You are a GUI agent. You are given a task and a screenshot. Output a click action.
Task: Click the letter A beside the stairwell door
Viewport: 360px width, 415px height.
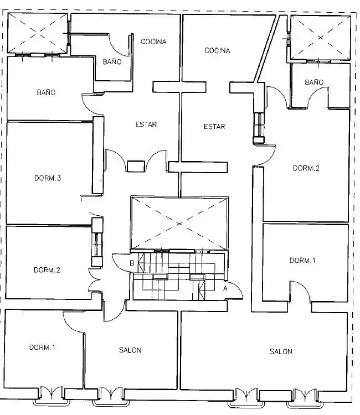point(225,288)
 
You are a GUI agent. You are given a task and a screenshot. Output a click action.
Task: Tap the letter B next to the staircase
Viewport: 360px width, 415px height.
point(132,263)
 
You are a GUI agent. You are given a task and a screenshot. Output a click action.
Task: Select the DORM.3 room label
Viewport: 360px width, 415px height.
point(48,178)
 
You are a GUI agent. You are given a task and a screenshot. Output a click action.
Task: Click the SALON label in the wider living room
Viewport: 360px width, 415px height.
point(281,351)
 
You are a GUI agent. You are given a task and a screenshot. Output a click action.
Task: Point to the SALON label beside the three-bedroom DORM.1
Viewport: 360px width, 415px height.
point(130,350)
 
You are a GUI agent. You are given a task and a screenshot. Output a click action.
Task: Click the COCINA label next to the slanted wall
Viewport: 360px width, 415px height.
point(217,50)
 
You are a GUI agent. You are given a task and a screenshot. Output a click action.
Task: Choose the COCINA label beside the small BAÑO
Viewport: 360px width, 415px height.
point(153,41)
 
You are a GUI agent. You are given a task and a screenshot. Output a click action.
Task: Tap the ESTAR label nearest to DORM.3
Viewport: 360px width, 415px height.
point(146,124)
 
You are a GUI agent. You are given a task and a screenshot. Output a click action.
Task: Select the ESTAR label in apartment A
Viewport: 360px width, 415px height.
point(214,127)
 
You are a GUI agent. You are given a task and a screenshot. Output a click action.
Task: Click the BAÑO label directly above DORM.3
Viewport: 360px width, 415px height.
point(46,92)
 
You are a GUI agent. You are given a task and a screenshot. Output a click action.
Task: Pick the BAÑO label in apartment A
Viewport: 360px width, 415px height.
point(314,82)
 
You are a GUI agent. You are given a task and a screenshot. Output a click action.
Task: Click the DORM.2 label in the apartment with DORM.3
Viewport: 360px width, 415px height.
point(47,270)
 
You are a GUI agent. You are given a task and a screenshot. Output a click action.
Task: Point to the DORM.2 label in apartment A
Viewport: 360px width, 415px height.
point(306,168)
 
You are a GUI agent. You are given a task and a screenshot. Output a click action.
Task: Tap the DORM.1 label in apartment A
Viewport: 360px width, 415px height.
point(302,261)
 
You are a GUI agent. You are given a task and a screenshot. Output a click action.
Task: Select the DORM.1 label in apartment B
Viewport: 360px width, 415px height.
point(42,347)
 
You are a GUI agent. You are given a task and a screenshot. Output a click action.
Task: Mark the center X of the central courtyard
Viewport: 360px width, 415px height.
point(179,224)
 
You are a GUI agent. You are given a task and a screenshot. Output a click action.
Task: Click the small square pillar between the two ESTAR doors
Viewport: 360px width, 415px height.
point(136,166)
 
